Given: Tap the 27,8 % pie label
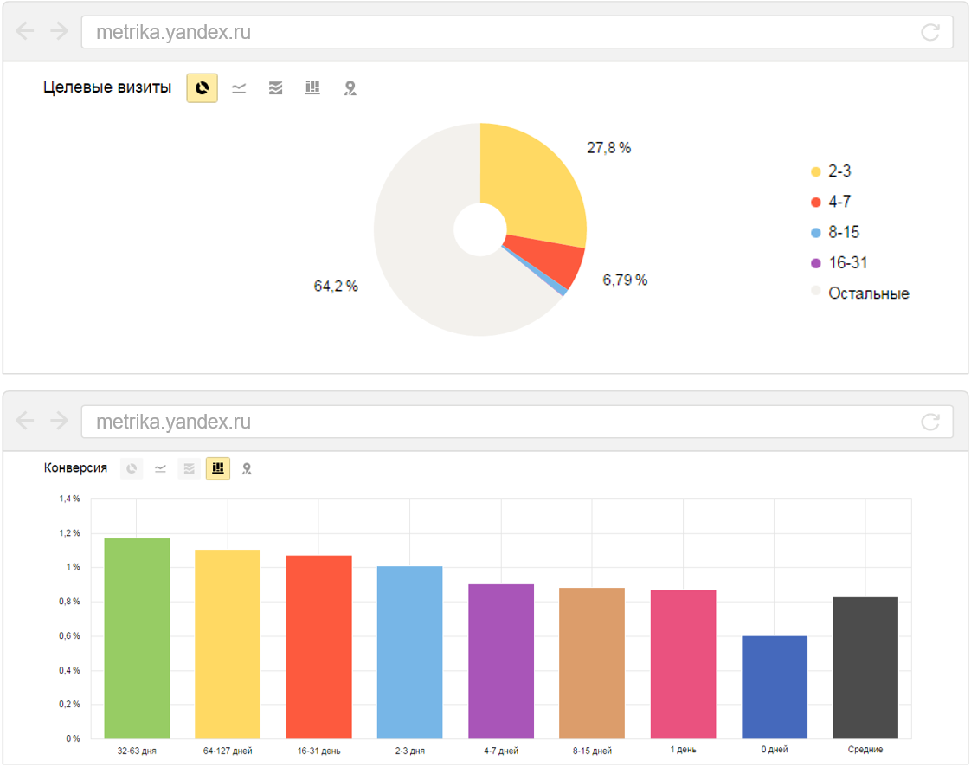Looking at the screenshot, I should pyautogui.click(x=608, y=148).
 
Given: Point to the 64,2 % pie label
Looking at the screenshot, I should pyautogui.click(x=336, y=287).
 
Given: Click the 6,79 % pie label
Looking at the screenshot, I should pyautogui.click(x=625, y=280).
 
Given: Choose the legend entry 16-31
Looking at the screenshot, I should pyautogui.click(x=847, y=263).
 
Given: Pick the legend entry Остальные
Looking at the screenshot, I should pyautogui.click(x=868, y=293).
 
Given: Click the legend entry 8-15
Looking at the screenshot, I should pyautogui.click(x=843, y=233).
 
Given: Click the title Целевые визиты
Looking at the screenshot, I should pyautogui.click(x=107, y=87).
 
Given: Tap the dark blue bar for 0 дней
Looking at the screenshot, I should pyautogui.click(x=775, y=687).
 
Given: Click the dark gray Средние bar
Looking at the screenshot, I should pyautogui.click(x=865, y=667).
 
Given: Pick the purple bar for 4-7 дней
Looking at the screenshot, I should pyautogui.click(x=501, y=661).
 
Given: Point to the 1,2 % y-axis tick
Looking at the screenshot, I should pyautogui.click(x=69, y=533).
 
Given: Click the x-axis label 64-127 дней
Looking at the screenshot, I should pyautogui.click(x=228, y=751).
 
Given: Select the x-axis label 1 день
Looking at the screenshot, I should pyautogui.click(x=683, y=750).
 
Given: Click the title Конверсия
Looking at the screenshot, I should pyautogui.click(x=76, y=468).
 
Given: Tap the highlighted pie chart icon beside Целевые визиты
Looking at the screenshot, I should pyautogui.click(x=202, y=87).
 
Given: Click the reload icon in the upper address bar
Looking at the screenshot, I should pyautogui.click(x=930, y=33).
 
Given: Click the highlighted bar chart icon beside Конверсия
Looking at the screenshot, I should pyautogui.click(x=218, y=468).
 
